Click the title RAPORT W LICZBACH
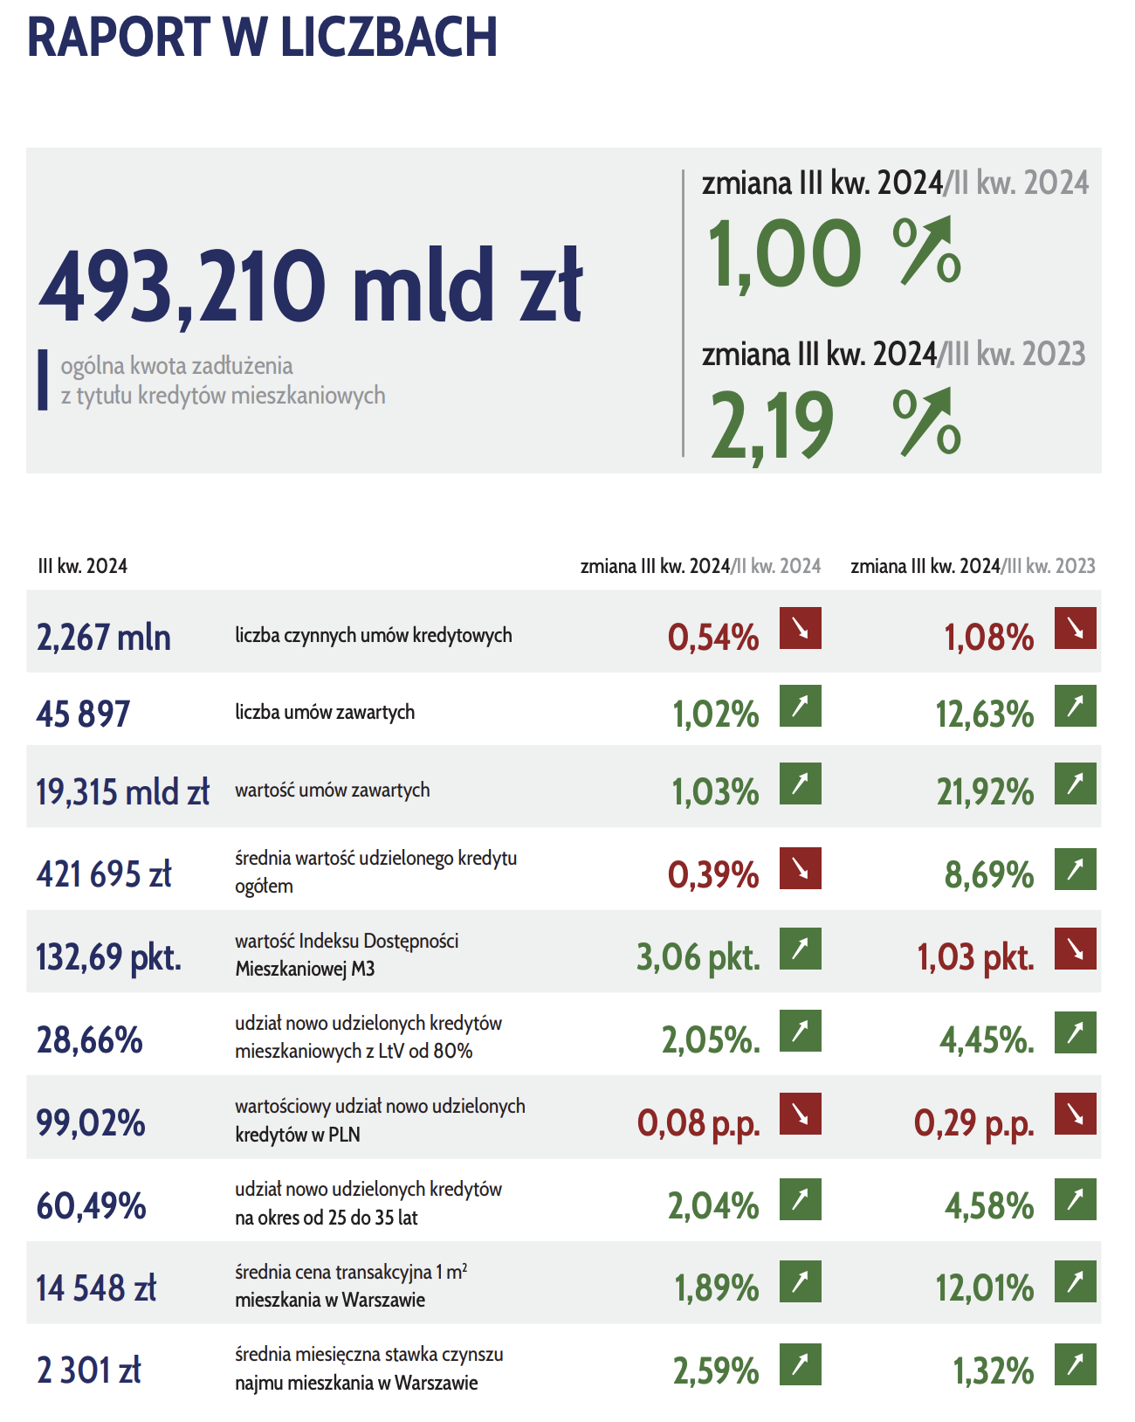click(262, 38)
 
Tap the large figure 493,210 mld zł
click(311, 285)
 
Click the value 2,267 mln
click(104, 638)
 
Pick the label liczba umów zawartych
click(325, 713)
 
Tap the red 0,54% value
click(713, 638)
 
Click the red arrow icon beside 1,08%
click(1075, 628)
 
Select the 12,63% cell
click(985, 714)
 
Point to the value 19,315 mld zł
click(123, 792)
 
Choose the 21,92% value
click(985, 792)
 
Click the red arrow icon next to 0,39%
click(800, 868)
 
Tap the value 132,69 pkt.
click(109, 957)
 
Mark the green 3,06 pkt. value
click(698, 957)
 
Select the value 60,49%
click(91, 1206)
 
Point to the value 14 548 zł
click(96, 1288)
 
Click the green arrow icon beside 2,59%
click(800, 1364)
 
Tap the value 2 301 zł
click(89, 1370)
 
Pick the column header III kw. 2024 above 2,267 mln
click(83, 566)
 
